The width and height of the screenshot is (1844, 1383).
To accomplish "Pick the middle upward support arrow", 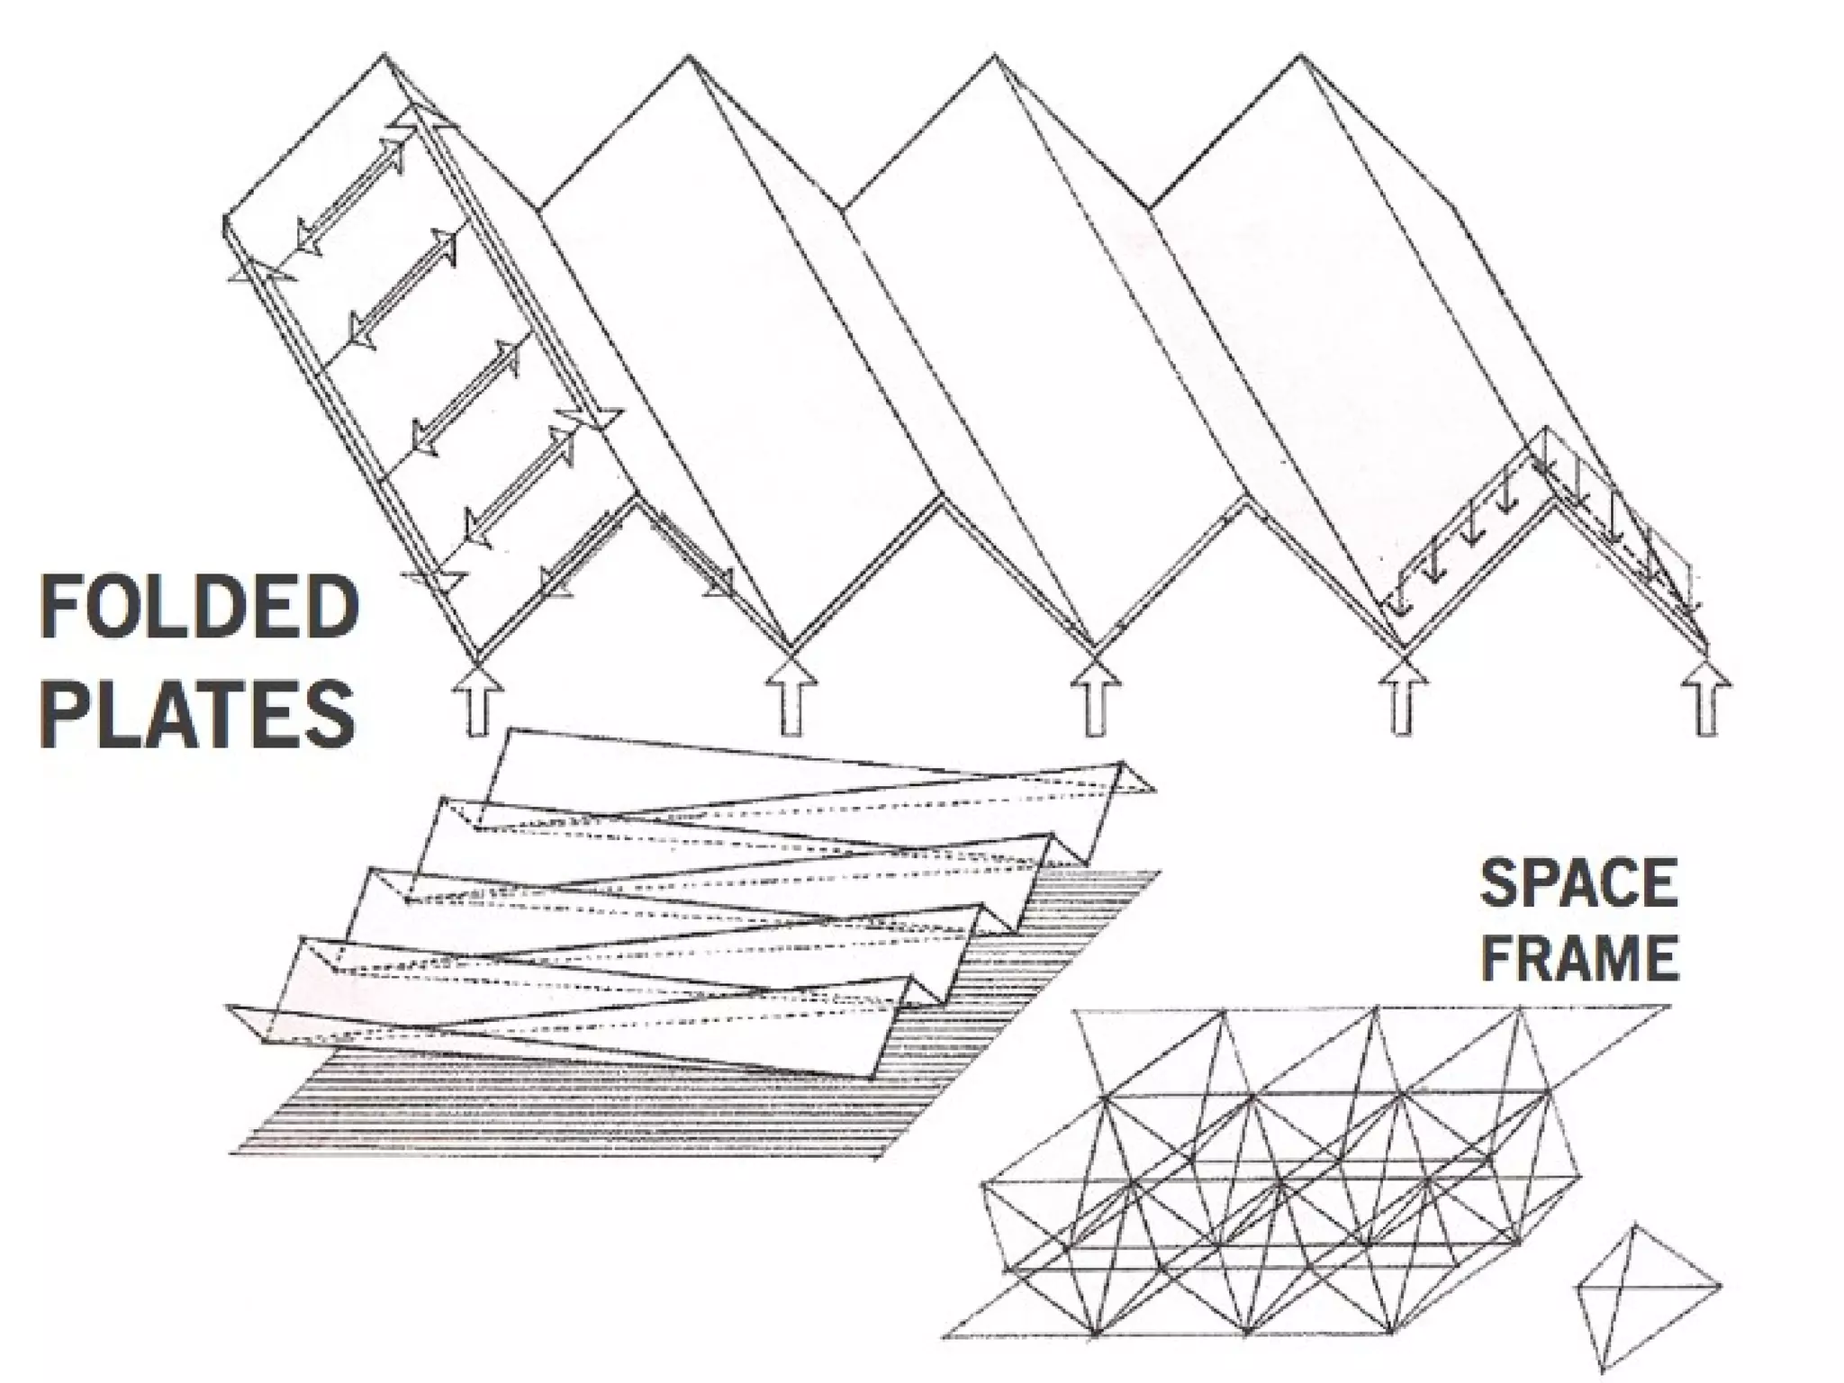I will click(1096, 698).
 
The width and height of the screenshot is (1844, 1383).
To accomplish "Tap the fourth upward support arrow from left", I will click(1401, 698).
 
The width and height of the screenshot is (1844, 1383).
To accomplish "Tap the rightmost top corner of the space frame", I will click(1668, 1007).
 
